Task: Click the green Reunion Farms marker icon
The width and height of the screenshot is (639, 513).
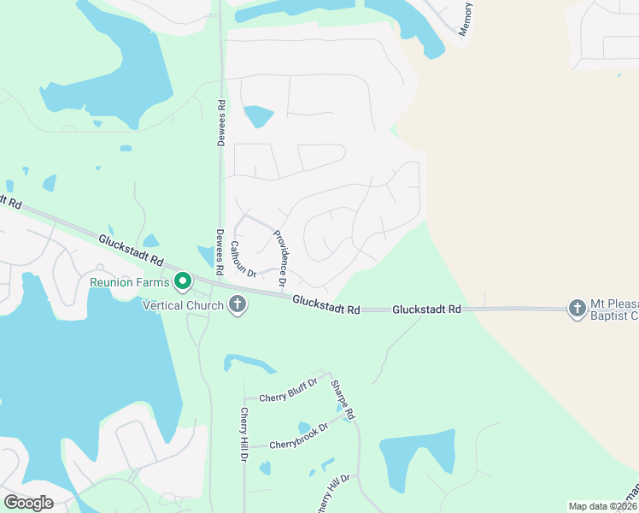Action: [x=182, y=280]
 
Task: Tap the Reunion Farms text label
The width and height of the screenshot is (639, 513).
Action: [x=132, y=281]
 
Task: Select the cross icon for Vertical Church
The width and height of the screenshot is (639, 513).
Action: [x=237, y=305]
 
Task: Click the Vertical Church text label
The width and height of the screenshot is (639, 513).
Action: [x=183, y=305]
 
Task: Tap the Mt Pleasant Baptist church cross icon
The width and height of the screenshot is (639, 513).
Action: [x=577, y=308]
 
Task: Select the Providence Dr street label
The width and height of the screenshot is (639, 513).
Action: [x=279, y=259]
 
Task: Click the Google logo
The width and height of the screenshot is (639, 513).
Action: [x=28, y=502]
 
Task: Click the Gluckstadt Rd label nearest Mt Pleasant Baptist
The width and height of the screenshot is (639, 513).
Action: [x=426, y=309]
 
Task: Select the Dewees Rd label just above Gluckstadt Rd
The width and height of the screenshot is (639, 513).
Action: [x=219, y=251]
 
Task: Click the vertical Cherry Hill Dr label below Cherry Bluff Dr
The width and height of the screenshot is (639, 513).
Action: [x=243, y=435]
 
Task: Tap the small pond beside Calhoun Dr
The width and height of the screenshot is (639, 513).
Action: [x=206, y=256]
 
